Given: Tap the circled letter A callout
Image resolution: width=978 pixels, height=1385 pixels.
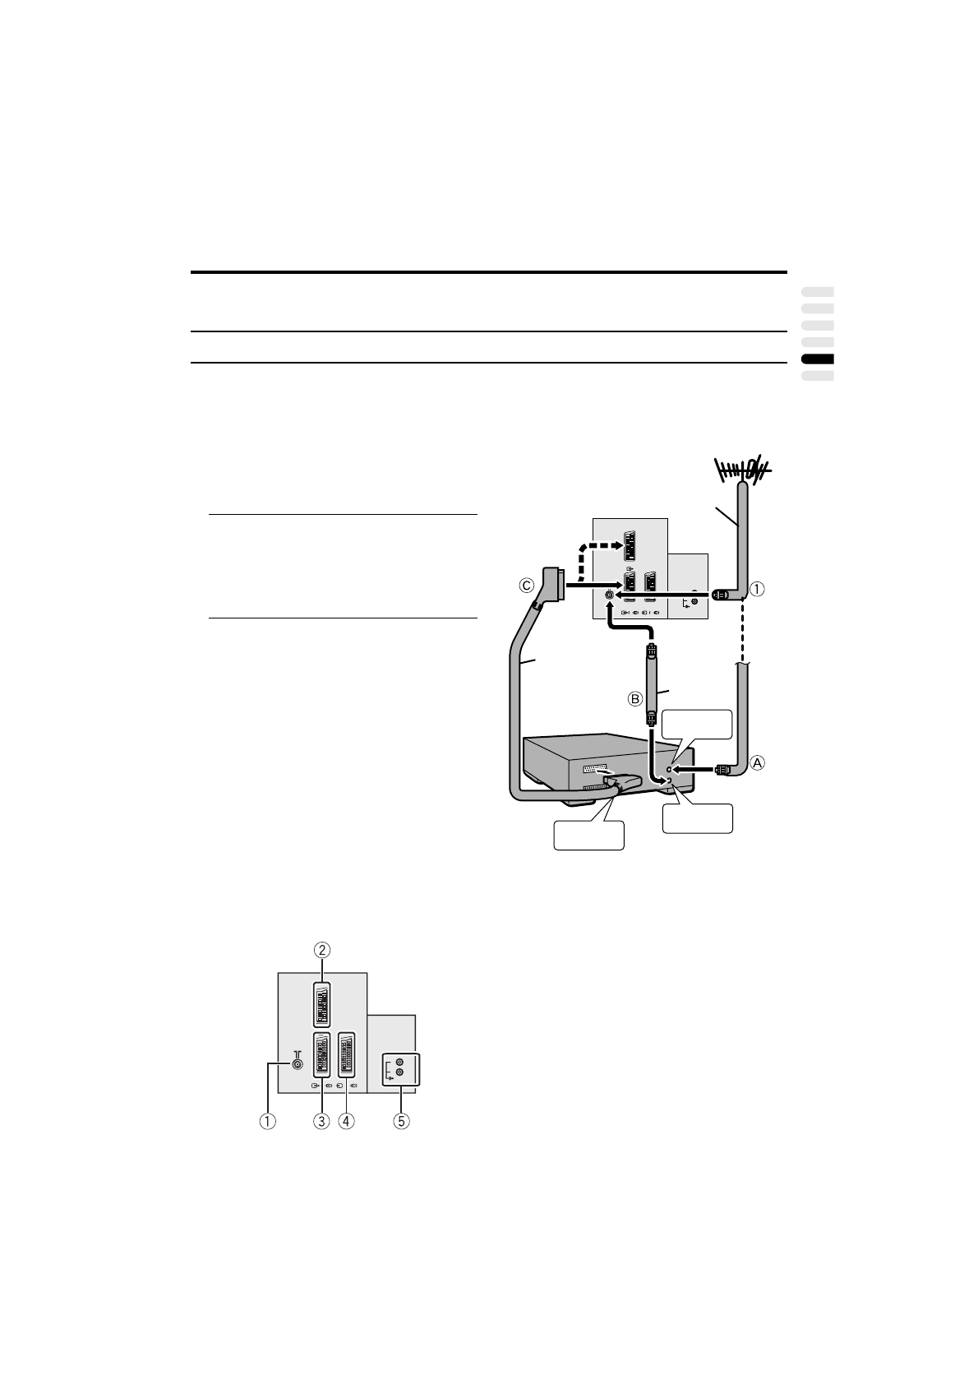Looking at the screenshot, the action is (757, 762).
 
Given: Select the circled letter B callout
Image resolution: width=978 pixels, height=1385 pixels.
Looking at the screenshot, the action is (634, 699).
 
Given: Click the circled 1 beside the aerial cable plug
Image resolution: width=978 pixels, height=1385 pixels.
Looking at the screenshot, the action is (757, 589).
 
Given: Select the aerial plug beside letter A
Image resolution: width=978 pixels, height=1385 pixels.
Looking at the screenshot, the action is (723, 770).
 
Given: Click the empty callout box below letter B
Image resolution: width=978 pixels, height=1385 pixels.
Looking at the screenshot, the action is (697, 725).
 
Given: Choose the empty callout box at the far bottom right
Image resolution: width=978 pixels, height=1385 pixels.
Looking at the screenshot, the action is (698, 818).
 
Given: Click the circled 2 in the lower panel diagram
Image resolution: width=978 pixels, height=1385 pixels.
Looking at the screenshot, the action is (322, 949).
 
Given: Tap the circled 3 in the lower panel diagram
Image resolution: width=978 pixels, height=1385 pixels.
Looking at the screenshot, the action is (321, 1120).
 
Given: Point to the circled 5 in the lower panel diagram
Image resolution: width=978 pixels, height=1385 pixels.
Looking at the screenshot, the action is (401, 1120).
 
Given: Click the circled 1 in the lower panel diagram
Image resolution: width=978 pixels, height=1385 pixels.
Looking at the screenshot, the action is (267, 1120).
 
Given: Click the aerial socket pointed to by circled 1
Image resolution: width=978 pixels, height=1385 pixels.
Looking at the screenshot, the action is (297, 1063).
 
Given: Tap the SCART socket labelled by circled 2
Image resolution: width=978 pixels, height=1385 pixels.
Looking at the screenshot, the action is (321, 1004).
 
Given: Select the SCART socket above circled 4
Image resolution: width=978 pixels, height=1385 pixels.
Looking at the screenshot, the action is (346, 1055).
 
